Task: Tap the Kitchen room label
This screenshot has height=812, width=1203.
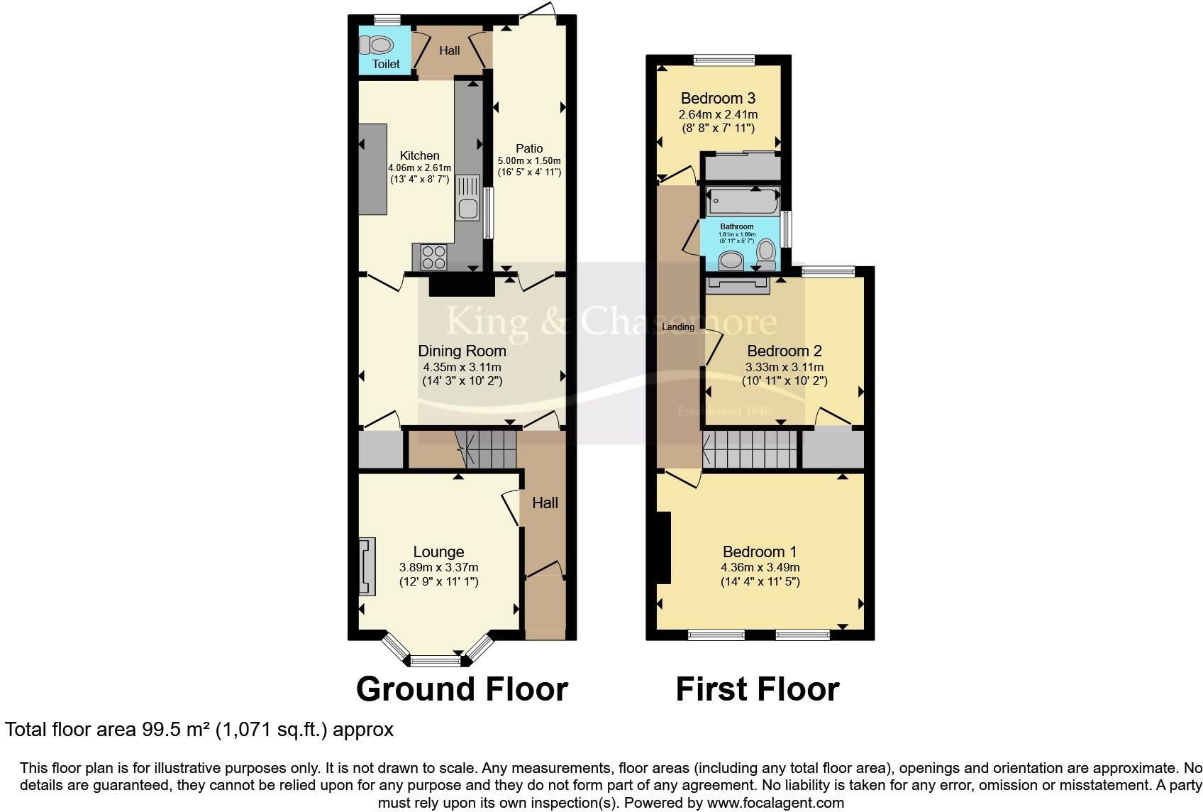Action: tap(419, 155)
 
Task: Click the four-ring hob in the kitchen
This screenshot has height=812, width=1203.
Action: tap(433, 257)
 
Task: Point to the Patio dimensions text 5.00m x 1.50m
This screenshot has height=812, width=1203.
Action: tap(528, 160)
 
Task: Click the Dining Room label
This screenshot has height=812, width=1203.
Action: tap(462, 351)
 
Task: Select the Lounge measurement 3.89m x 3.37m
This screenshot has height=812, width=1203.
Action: tap(438, 567)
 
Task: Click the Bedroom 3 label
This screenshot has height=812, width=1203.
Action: tap(718, 98)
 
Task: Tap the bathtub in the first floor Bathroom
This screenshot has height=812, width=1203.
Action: tap(741, 201)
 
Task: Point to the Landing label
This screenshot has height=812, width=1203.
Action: tap(677, 327)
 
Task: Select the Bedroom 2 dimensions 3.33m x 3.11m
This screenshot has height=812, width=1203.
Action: tap(784, 367)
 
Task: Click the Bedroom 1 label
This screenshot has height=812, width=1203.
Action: tap(759, 552)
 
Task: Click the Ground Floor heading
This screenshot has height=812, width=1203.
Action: tap(462, 689)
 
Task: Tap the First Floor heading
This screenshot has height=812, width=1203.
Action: tap(757, 689)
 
